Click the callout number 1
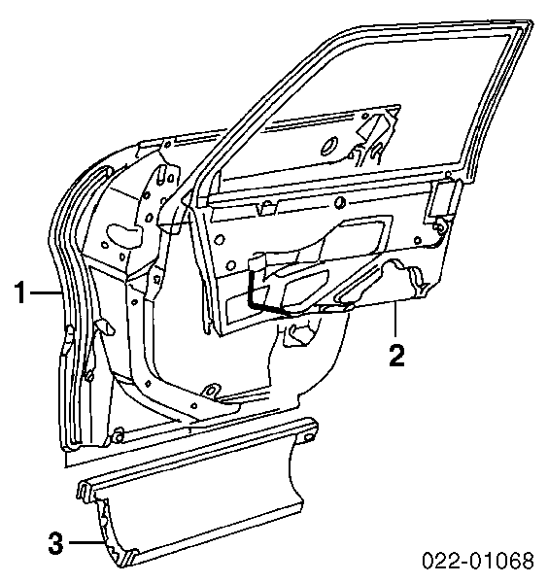pyautogui.click(x=21, y=292)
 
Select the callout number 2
pyautogui.click(x=396, y=356)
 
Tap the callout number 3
pyautogui.click(x=56, y=543)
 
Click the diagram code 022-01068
pyautogui.click(x=478, y=561)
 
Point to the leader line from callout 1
pyautogui.click(x=46, y=292)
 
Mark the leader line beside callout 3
pyautogui.click(x=86, y=543)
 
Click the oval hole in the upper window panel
pyautogui.click(x=329, y=146)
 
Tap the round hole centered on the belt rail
pyautogui.click(x=339, y=203)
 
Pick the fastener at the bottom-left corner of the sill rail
pyautogui.click(x=118, y=435)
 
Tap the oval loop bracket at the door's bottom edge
pyautogui.click(x=212, y=392)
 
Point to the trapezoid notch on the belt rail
pyautogui.click(x=267, y=208)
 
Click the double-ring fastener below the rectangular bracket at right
pyautogui.click(x=440, y=226)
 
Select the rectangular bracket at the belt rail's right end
pyautogui.click(x=441, y=200)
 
